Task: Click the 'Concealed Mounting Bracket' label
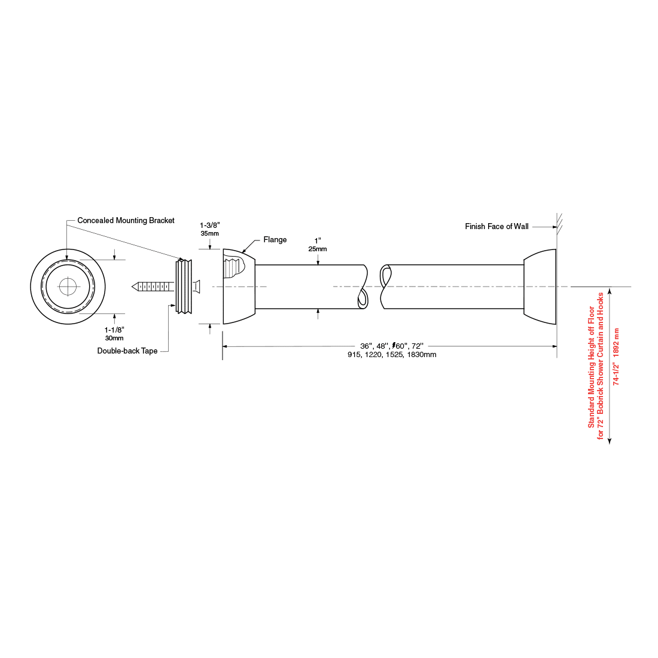pos(126,221)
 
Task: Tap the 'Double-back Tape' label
pos(127,351)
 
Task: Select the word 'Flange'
pos(275,240)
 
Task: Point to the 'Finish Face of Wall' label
pos(496,227)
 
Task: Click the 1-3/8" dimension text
pos(210,226)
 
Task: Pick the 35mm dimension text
pos(210,233)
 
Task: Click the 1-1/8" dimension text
pos(115,330)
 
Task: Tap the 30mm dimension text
pos(114,338)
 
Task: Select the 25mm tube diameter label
pos(318,249)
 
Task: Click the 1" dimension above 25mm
pos(318,241)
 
